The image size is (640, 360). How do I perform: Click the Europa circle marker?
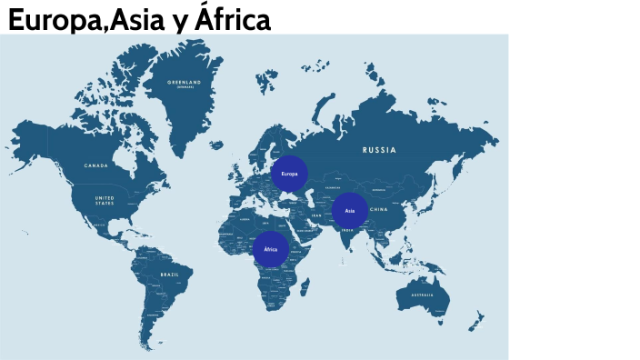coord(290,173)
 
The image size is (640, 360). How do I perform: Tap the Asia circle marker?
coord(349,211)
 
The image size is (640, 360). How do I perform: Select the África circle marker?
coord(270,248)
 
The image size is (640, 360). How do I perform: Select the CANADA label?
coord(96,165)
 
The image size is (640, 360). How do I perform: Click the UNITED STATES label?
coord(105,200)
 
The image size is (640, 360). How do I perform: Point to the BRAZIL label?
coord(170,274)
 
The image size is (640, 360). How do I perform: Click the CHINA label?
coord(380,209)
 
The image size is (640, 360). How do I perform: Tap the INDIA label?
coord(347,230)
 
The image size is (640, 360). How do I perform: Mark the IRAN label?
coord(316,215)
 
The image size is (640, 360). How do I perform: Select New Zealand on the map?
coord(475,321)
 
